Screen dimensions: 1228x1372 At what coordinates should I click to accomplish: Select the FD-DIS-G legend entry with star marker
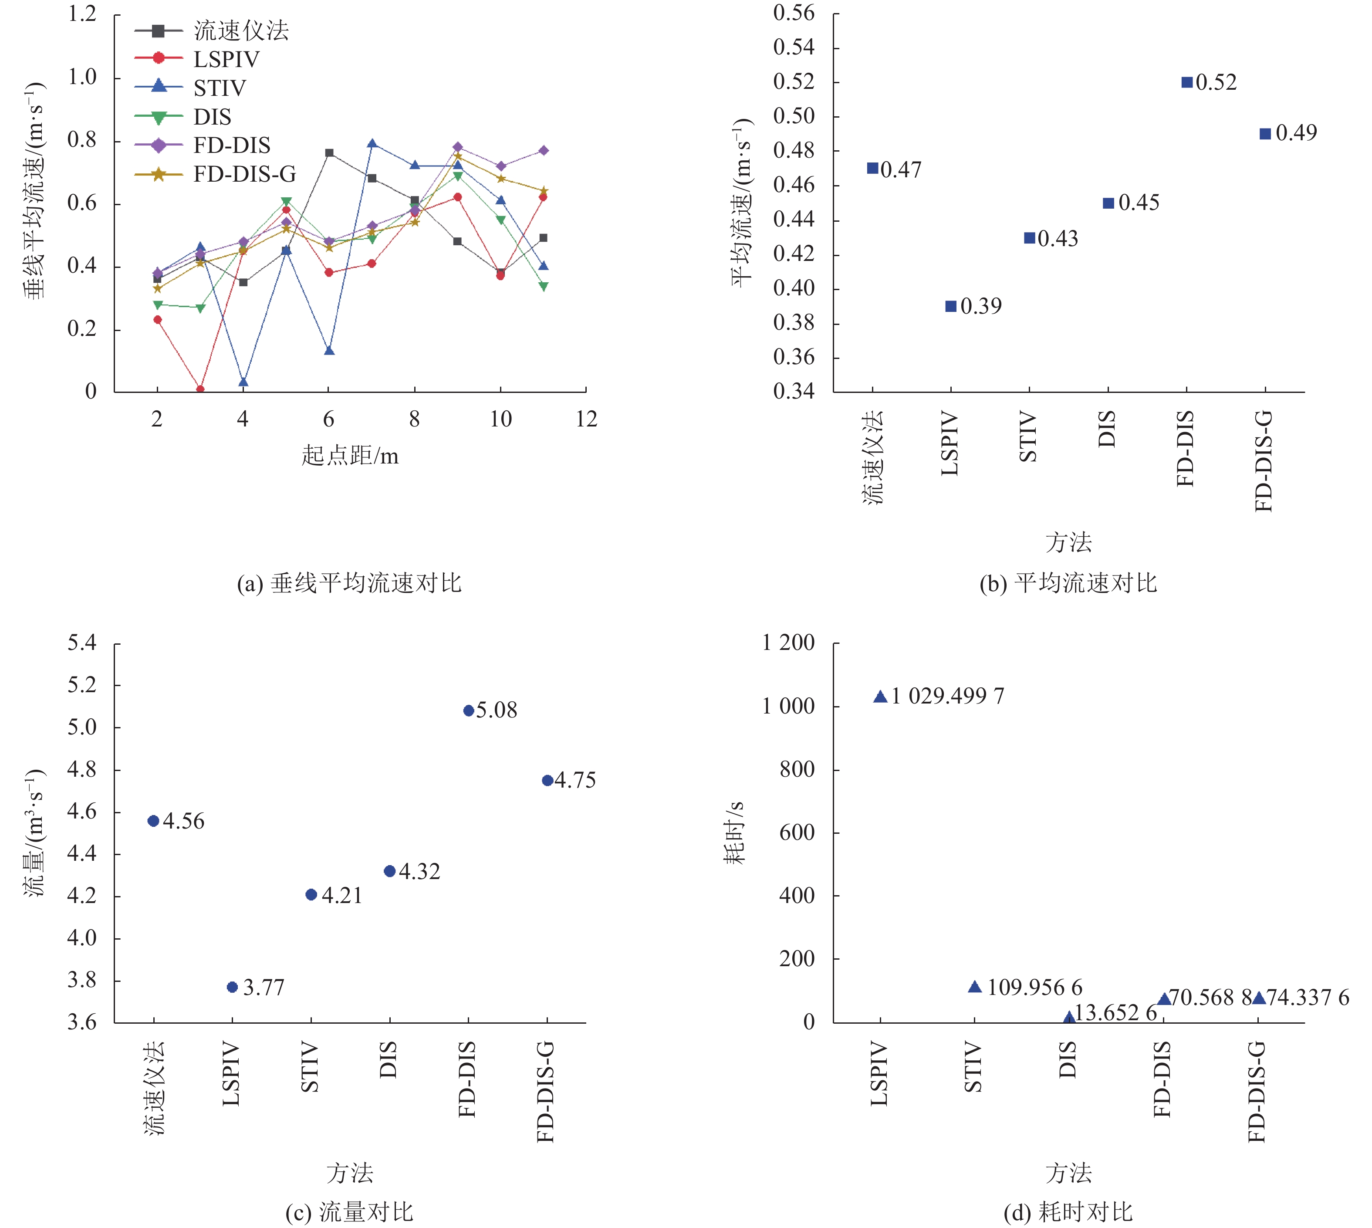click(244, 175)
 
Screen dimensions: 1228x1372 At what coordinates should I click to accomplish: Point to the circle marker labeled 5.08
click(469, 710)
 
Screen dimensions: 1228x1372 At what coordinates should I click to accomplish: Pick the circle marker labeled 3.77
click(232, 987)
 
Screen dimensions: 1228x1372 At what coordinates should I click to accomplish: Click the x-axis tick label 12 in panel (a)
click(586, 419)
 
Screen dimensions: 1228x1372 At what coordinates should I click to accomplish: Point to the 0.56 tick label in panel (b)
click(794, 14)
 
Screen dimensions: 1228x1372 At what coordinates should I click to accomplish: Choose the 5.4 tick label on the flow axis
click(82, 643)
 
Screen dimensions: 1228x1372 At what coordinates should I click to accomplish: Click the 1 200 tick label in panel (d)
click(788, 643)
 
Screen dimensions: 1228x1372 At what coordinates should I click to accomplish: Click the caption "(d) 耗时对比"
click(1068, 1212)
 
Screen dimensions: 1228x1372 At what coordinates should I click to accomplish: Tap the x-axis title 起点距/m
click(349, 456)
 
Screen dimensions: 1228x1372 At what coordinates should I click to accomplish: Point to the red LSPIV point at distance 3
click(200, 389)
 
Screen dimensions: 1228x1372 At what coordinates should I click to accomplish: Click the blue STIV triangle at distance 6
click(329, 351)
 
